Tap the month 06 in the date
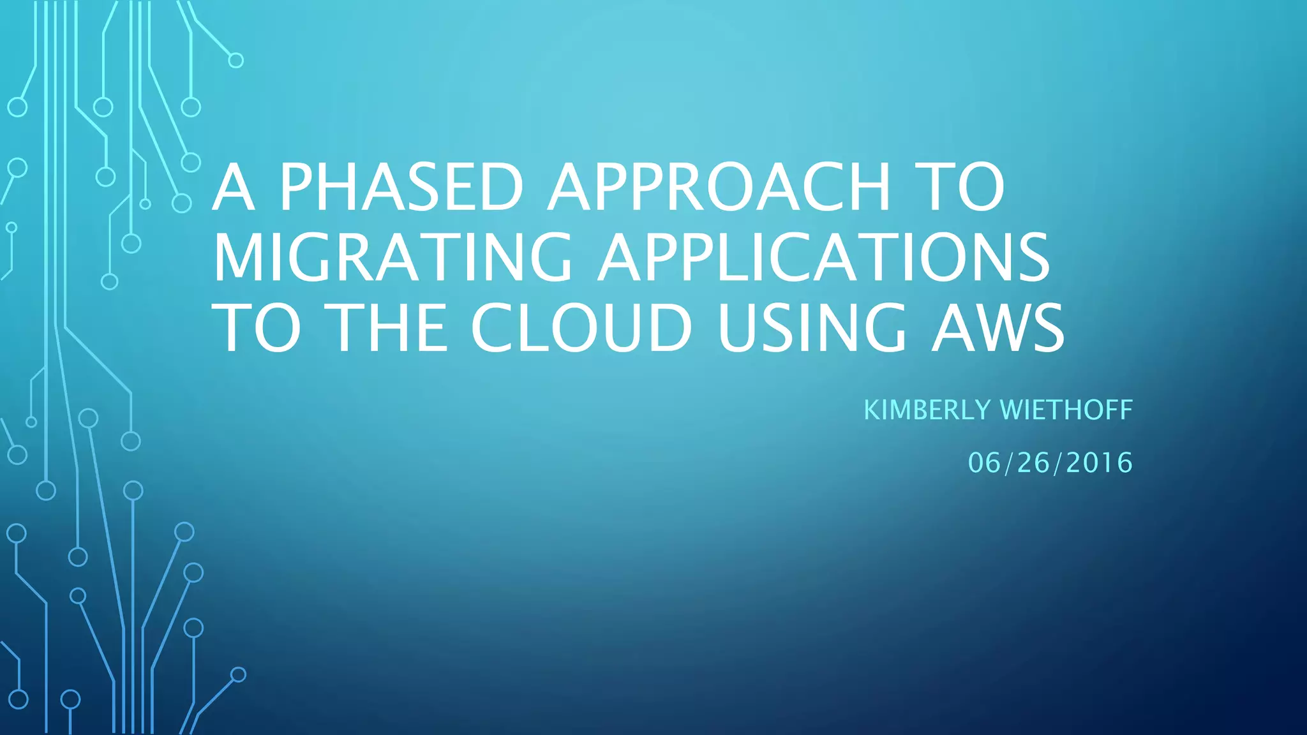[985, 463]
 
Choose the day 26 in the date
[1034, 463]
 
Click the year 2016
[1099, 463]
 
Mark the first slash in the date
[1009, 463]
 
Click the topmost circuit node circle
[236, 61]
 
